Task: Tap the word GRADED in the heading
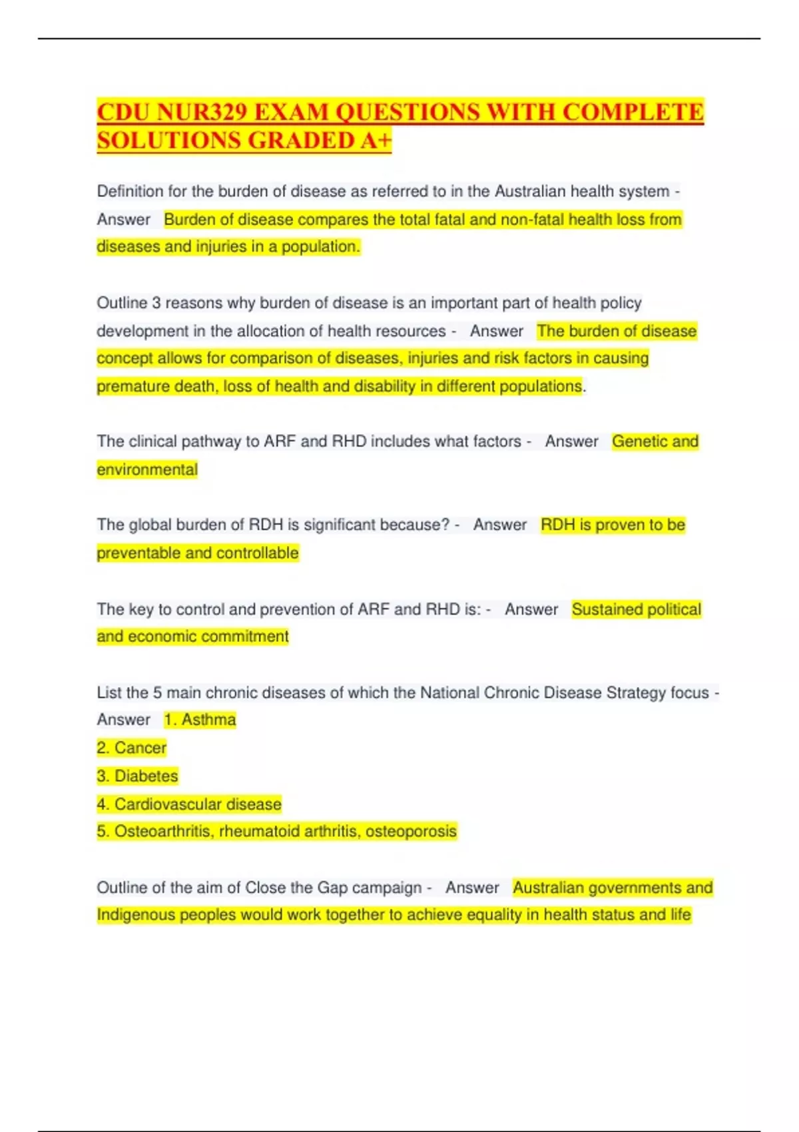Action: tap(303, 141)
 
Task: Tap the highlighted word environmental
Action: tap(147, 469)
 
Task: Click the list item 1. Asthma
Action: tap(200, 720)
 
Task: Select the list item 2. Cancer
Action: tap(131, 748)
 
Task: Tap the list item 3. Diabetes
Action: tap(137, 776)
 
